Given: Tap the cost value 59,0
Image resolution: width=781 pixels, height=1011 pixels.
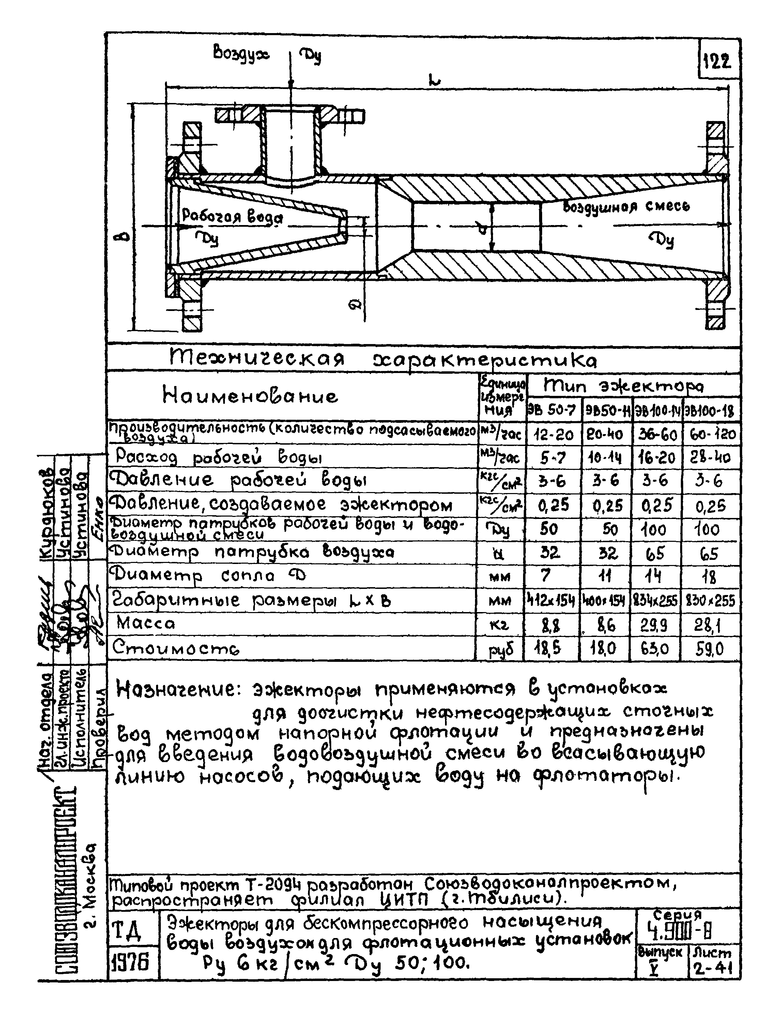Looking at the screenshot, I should point(710,650).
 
